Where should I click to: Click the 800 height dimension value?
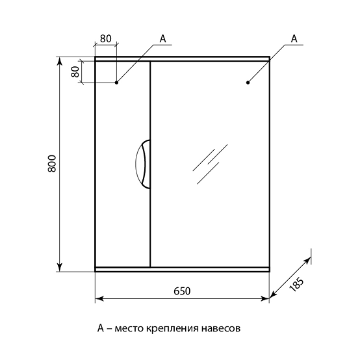click(x=52, y=163)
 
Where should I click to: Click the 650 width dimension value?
click(x=182, y=291)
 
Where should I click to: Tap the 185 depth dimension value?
click(x=296, y=285)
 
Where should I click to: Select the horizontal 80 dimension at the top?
click(x=106, y=38)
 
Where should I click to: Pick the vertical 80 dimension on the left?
click(x=75, y=71)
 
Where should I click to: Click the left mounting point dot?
click(x=116, y=83)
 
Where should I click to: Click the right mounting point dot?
click(x=248, y=83)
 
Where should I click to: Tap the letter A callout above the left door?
click(x=163, y=39)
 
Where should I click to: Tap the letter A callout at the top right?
click(x=294, y=38)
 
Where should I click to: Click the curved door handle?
click(x=143, y=164)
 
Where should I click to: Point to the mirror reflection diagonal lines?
click(x=210, y=164)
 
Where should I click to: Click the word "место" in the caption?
click(x=129, y=329)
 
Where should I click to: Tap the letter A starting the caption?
click(x=101, y=328)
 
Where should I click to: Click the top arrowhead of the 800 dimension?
click(x=60, y=61)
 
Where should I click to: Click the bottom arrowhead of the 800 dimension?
click(x=60, y=267)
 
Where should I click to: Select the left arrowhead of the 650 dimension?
click(x=99, y=298)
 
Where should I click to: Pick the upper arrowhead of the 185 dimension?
click(x=308, y=261)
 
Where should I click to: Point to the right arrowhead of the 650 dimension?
click(x=265, y=298)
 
